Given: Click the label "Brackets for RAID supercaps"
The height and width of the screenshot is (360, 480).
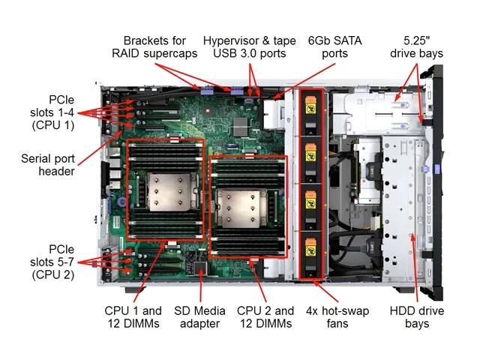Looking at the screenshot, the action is pyautogui.click(x=154, y=46).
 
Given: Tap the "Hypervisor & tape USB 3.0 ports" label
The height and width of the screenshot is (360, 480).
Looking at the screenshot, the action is pyautogui.click(x=250, y=46).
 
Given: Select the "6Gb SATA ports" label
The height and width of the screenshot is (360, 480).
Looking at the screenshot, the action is pyautogui.click(x=335, y=46).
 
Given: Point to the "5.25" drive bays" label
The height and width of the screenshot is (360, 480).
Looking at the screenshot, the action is pyautogui.click(x=416, y=46).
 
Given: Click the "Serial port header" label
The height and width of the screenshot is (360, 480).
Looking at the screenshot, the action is pyautogui.click(x=48, y=165).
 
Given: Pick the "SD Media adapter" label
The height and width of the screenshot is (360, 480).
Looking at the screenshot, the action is pyautogui.click(x=199, y=317).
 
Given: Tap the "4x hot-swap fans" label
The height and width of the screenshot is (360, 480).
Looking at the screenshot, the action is pyautogui.click(x=337, y=317).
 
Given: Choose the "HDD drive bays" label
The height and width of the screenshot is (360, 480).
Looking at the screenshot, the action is pyautogui.click(x=417, y=317).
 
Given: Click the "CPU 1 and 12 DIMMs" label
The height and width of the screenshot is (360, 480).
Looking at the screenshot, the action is pyautogui.click(x=133, y=317).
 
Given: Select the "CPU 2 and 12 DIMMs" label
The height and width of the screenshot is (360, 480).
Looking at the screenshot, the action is pyautogui.click(x=265, y=317).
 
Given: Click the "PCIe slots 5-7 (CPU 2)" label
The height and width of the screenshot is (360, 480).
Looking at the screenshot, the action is pyautogui.click(x=52, y=262).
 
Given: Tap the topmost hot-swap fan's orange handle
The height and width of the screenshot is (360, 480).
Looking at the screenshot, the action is pyautogui.click(x=310, y=99).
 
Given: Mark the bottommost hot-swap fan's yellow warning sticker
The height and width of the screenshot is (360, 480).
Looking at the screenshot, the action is pyautogui.click(x=310, y=251).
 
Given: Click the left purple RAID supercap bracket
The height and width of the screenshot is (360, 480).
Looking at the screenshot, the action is pyautogui.click(x=207, y=91).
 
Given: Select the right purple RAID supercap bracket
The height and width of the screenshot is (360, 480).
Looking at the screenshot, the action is pyautogui.click(x=237, y=91).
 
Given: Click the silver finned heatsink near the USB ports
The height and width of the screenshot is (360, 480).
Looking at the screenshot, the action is pyautogui.click(x=240, y=126).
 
